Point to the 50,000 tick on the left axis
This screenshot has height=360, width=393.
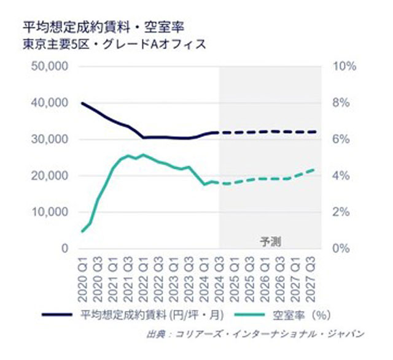click(50, 66)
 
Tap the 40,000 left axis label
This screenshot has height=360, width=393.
click(50, 102)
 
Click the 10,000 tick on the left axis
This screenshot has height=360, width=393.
click(50, 212)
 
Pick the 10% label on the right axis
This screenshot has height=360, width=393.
click(344, 66)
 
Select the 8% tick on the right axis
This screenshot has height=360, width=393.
click(342, 102)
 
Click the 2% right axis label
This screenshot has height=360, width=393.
click(342, 212)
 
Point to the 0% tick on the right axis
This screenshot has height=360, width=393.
click(342, 248)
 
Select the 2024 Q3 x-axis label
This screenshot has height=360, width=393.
click(220, 279)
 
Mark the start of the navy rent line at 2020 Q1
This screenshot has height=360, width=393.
click(82, 103)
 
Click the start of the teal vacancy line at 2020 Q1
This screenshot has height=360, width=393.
click(82, 231)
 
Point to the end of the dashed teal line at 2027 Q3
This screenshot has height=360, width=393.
click(315, 170)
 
